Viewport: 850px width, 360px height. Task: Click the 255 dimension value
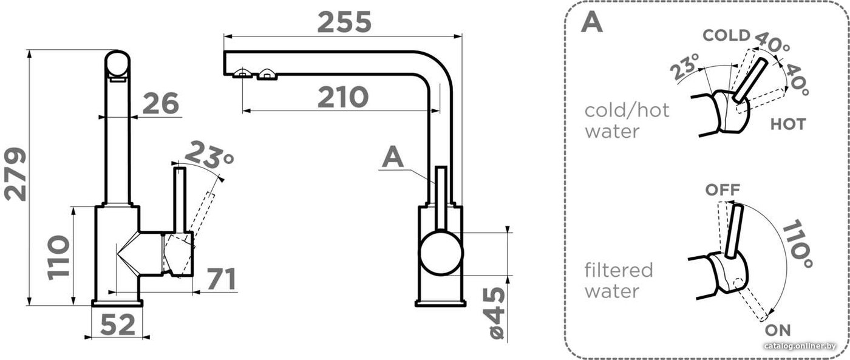pos(344,22)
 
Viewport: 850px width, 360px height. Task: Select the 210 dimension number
pos(343,97)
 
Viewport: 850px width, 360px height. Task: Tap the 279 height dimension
pos(16,174)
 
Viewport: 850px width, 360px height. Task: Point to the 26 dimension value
pos(161,103)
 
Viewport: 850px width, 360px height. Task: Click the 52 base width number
pos(118,324)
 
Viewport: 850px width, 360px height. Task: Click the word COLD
pos(727,35)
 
